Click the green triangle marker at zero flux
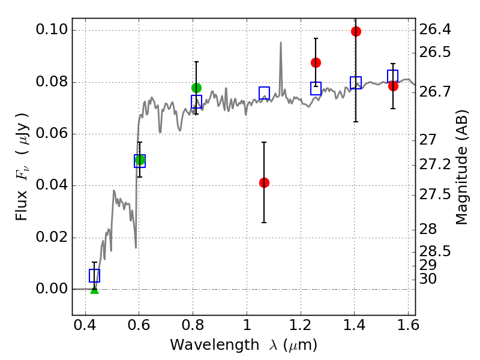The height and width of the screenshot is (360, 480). click(95, 290)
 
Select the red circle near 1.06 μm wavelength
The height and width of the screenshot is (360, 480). click(264, 183)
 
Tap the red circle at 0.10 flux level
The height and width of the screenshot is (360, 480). click(356, 31)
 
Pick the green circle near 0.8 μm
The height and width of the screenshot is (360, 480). click(197, 88)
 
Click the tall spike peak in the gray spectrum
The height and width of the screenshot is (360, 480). click(281, 43)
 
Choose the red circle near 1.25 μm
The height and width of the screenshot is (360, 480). click(316, 63)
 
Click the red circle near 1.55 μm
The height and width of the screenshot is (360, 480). click(394, 86)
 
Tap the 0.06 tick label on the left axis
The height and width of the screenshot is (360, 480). click(52, 133)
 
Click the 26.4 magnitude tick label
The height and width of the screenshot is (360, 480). click(435, 29)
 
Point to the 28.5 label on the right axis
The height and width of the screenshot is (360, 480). click(435, 251)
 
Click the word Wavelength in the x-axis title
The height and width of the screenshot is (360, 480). click(215, 345)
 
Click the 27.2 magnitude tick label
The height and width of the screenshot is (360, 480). click(435, 164)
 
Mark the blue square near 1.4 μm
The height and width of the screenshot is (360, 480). click(356, 83)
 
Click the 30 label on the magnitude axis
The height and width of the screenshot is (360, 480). click(428, 279)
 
